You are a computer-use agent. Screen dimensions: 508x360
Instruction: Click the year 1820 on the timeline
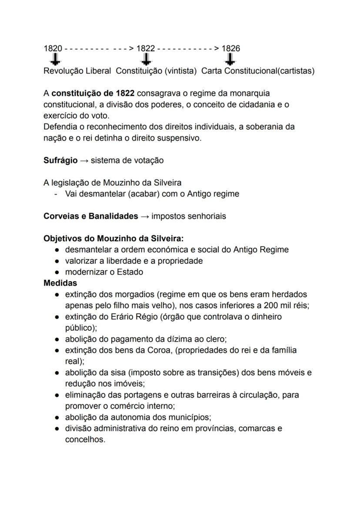(x=53, y=48)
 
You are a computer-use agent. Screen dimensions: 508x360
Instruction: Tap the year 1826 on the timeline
(x=230, y=48)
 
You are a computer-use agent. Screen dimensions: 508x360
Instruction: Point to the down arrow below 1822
(x=147, y=59)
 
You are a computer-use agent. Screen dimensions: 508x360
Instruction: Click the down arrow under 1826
(x=231, y=59)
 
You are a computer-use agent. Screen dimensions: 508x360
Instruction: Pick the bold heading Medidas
(x=60, y=283)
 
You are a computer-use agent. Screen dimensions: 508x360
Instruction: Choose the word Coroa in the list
(x=158, y=350)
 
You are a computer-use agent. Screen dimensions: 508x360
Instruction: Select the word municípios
(x=192, y=418)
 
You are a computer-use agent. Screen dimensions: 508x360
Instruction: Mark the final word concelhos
(x=85, y=439)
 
